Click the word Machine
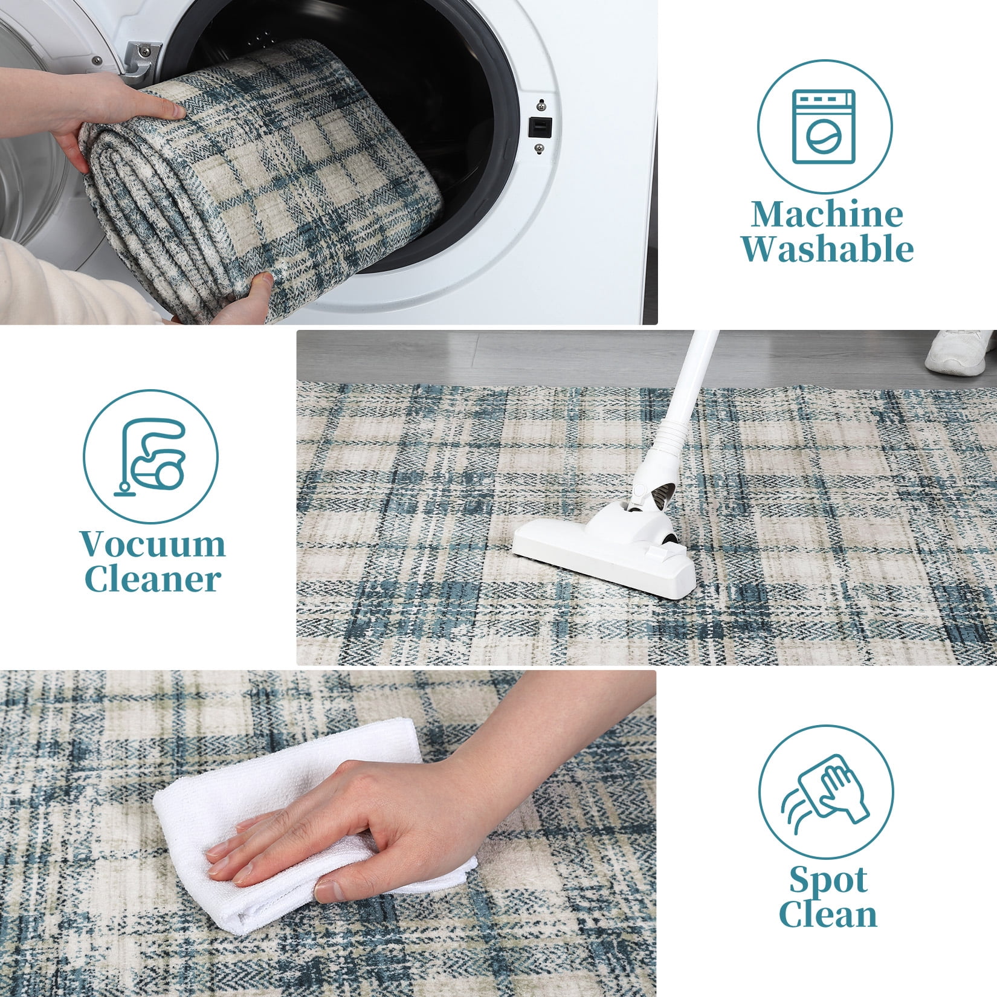827,215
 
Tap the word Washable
827,248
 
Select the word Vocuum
153,544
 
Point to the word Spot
828,882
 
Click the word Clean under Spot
828,914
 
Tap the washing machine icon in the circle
824,126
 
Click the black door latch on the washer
541,127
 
